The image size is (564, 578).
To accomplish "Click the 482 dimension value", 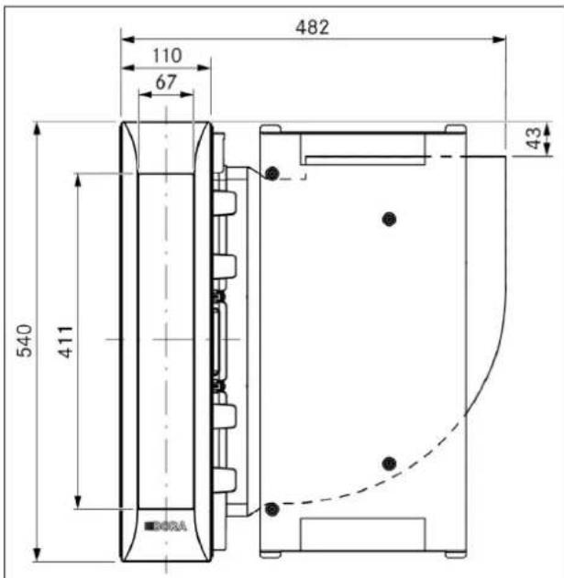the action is (312, 27).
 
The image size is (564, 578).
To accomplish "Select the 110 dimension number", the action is (167, 56).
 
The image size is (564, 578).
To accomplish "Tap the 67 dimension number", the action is (166, 82).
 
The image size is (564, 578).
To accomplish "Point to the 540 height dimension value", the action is (25, 341).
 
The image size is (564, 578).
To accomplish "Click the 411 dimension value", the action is (65, 342).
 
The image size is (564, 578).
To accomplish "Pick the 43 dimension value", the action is (534, 138).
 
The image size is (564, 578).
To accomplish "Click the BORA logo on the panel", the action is (165, 526).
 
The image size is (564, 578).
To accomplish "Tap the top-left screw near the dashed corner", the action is (272, 173).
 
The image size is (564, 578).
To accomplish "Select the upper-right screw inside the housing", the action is (389, 219).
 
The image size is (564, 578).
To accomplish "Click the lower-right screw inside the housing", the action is (389, 463).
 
